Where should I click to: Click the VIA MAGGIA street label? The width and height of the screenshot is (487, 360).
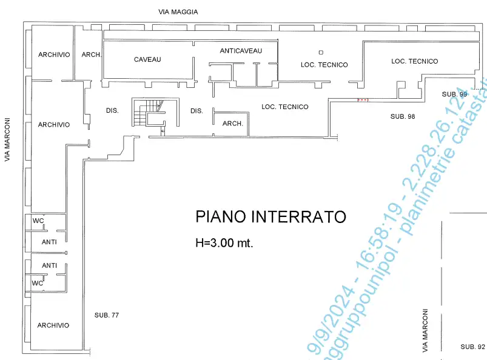[x=178, y=12]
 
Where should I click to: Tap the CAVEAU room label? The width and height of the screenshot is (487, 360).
[x=147, y=59]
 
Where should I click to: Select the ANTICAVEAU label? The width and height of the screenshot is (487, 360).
[x=241, y=51]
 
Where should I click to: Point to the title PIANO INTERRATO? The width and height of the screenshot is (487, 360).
[x=270, y=217]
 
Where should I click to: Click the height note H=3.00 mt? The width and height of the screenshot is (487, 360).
[x=224, y=243]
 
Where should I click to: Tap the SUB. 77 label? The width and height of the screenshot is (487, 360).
[x=106, y=315]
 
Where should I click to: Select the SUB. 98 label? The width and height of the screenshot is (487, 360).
[x=402, y=116]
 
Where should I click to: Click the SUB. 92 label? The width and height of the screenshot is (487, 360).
[x=472, y=347]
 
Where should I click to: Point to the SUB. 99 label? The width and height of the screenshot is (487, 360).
[x=454, y=94]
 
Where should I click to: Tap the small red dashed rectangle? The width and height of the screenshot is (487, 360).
[x=363, y=99]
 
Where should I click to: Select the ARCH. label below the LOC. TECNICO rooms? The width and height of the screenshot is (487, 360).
[x=233, y=124]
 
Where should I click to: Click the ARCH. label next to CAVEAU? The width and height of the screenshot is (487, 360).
[x=91, y=55]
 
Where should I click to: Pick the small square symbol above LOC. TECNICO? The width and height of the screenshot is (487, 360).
[x=321, y=53]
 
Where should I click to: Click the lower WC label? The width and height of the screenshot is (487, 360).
[x=38, y=283]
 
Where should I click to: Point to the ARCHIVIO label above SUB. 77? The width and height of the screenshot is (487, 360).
[x=53, y=325]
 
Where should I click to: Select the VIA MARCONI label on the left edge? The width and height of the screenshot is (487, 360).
[x=8, y=140]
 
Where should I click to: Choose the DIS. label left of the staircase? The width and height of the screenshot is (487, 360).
[x=112, y=111]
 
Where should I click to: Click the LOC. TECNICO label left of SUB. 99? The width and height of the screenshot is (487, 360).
[x=414, y=61]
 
